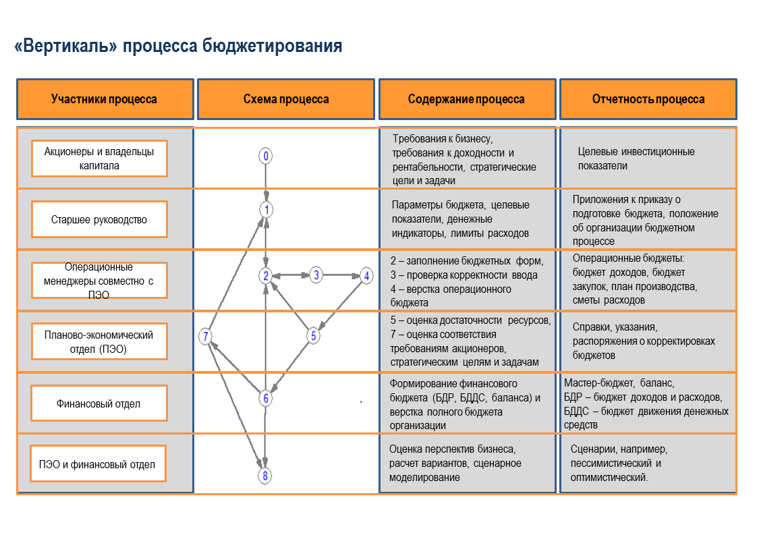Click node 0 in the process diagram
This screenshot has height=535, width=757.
(x=267, y=157)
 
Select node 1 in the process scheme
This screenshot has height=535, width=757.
(x=267, y=210)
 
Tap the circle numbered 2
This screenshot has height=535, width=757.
(x=267, y=275)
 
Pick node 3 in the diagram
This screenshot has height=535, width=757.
(x=316, y=275)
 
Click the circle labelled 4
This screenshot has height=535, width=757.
(x=366, y=275)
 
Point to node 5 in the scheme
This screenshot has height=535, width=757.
(x=313, y=335)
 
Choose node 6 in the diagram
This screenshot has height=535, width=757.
(x=267, y=399)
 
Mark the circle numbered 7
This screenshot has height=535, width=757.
(x=206, y=337)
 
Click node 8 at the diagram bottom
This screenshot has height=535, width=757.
(x=266, y=476)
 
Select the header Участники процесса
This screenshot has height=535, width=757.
(x=105, y=99)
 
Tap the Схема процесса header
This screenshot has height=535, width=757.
(x=286, y=99)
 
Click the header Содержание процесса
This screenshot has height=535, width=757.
(x=466, y=99)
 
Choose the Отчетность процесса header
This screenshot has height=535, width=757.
(x=648, y=99)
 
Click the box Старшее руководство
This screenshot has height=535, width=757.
(x=99, y=219)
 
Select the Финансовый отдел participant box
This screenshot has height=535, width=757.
(x=99, y=403)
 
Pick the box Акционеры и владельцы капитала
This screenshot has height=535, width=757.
(x=99, y=159)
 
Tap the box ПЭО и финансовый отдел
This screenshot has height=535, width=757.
(x=97, y=464)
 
